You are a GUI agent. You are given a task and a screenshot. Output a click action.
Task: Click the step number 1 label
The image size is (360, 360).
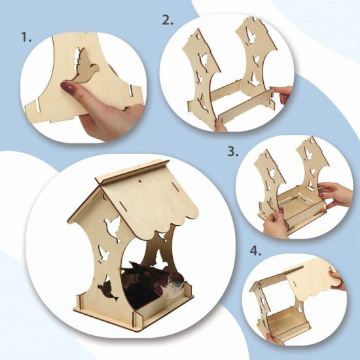click(x=26, y=37)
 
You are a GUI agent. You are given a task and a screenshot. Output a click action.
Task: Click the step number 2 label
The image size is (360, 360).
click(x=168, y=20)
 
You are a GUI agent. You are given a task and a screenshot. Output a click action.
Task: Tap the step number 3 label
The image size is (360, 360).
click(x=233, y=152)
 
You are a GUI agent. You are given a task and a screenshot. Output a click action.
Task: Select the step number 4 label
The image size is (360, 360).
click(x=255, y=251)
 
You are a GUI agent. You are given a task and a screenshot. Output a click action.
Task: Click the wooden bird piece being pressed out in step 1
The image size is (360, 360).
click(x=84, y=67)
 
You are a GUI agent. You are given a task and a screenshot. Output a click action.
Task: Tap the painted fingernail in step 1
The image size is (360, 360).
click(x=67, y=88)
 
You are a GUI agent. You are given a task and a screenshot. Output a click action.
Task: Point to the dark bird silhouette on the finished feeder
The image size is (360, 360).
click(x=107, y=291)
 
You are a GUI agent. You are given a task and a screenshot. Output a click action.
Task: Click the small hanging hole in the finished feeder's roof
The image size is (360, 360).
click(x=140, y=181)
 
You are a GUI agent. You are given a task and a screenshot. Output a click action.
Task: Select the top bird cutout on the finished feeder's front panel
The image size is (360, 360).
click(x=113, y=228)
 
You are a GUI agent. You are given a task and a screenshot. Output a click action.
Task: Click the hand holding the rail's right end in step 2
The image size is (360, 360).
click(x=283, y=94)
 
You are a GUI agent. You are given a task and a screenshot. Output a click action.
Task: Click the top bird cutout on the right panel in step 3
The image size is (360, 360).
click(x=308, y=153)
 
